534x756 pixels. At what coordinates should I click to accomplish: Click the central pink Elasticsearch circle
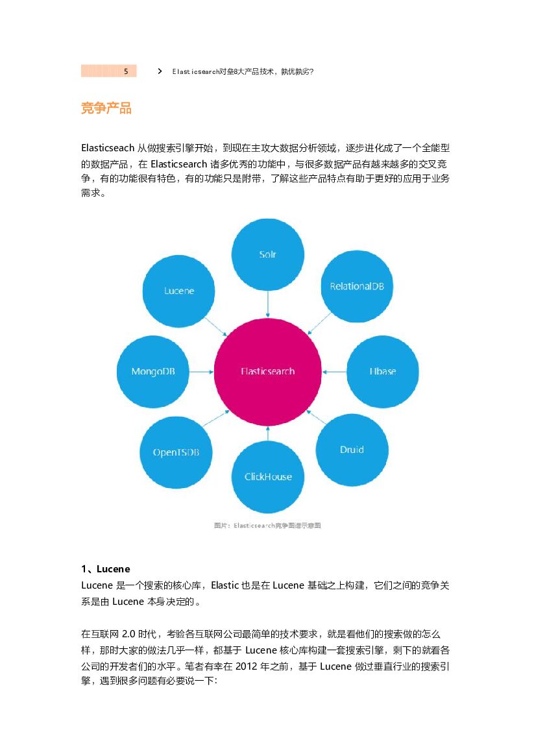(267, 371)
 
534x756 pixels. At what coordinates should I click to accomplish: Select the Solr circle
(267, 254)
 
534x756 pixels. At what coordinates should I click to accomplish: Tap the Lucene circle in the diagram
(178, 291)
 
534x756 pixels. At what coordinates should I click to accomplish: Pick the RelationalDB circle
(357, 286)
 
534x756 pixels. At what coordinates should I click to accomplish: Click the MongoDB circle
(152, 371)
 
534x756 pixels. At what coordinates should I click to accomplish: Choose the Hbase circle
(383, 371)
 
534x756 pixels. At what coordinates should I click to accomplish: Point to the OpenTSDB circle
(175, 452)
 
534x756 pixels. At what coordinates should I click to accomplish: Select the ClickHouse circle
(267, 477)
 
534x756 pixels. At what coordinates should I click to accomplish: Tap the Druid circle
(352, 450)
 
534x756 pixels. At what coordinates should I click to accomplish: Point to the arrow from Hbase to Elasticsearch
(335, 372)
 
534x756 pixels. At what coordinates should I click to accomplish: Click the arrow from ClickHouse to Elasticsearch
(267, 433)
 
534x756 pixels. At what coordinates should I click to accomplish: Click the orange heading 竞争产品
(106, 108)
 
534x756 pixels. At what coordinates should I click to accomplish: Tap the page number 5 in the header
(126, 71)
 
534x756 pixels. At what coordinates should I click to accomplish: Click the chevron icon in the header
(160, 71)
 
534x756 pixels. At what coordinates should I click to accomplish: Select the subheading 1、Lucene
(106, 569)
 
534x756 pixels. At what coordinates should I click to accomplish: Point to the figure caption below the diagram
(267, 526)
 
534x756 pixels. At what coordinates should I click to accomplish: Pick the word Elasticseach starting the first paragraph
(108, 148)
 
